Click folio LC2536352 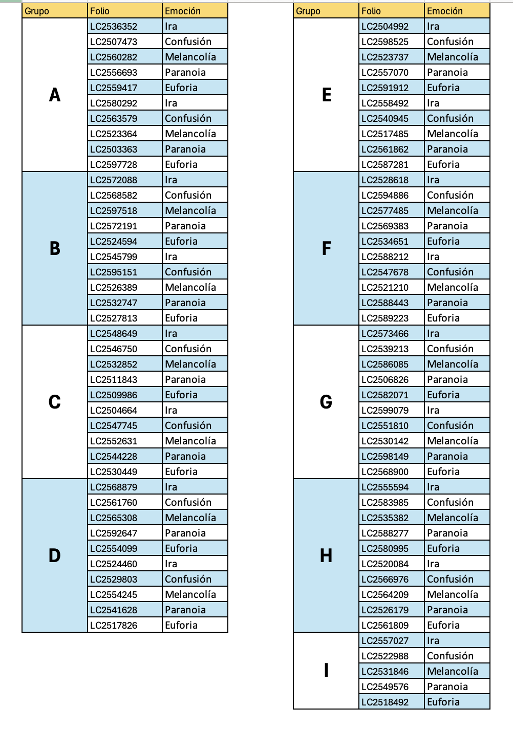pos(114,26)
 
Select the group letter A pos(55,95)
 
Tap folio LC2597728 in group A pos(114,164)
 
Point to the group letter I pos(326,670)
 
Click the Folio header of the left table pos(100,11)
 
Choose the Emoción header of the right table pos(445,11)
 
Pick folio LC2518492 pos(385,702)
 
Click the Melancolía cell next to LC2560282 pos(190,57)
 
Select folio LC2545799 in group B pos(114,256)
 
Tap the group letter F pos(326,248)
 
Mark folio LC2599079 pos(385,410)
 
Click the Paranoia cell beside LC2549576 pos(447,687)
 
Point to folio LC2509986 pos(114,395)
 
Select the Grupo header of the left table pos(37,11)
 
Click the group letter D pos(55,555)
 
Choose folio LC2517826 pos(114,625)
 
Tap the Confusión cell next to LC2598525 pos(450,41)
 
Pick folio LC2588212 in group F pos(385,256)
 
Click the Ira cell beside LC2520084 pos(433,564)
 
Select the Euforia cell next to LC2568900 pos(443,471)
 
